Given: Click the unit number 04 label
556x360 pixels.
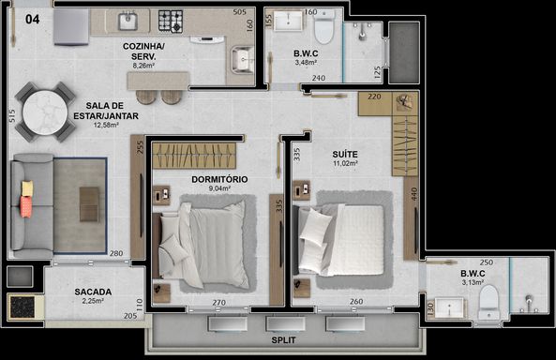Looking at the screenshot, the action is click(x=32, y=19).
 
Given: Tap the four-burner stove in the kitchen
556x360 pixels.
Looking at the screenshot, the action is click(x=171, y=21).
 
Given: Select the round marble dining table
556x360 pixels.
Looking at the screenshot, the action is click(x=45, y=112).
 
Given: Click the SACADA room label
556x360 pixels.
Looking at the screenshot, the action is click(x=93, y=292).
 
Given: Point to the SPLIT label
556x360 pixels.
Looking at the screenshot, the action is click(x=283, y=340).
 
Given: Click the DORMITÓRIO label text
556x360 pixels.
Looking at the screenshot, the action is click(x=219, y=179).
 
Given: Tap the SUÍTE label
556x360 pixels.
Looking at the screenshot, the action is click(x=345, y=155).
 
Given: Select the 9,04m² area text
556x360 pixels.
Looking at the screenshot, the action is click(x=219, y=188).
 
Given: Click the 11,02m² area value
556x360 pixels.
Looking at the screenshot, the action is click(x=345, y=163).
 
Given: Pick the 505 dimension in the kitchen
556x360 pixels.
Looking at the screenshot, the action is click(x=239, y=12).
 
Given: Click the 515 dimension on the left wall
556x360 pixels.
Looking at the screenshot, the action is click(x=11, y=116).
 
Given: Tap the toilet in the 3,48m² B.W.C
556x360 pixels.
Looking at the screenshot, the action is click(x=324, y=26).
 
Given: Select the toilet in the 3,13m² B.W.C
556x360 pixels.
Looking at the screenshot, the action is click(x=488, y=303).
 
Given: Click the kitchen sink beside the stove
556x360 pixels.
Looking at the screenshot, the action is click(x=128, y=22).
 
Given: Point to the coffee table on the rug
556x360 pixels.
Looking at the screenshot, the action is click(x=89, y=204).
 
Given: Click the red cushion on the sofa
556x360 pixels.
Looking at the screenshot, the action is click(x=26, y=207).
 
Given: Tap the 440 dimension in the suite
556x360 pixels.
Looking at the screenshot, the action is click(x=413, y=194).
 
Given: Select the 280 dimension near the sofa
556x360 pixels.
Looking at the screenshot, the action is click(x=116, y=253).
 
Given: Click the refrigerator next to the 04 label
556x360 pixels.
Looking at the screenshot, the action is click(x=71, y=27).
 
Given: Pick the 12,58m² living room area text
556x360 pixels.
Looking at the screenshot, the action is click(x=106, y=125).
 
